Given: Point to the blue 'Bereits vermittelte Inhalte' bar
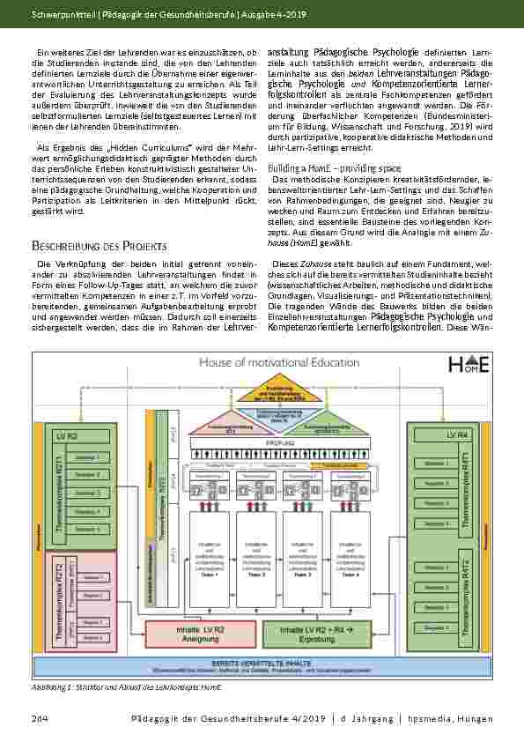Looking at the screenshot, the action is [262, 664].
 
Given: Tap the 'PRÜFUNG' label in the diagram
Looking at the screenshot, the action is [262, 446].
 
